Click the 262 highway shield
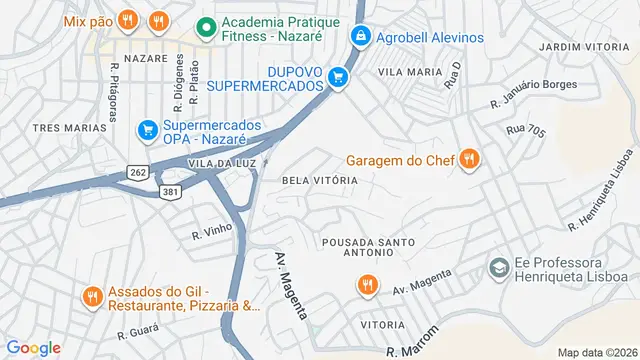point(137,173)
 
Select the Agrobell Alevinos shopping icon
point(360,37)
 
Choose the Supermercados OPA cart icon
point(147,129)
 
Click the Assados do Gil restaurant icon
point(92,296)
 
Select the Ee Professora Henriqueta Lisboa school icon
point(497,268)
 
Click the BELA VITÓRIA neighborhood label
point(320,180)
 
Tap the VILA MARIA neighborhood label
point(410,72)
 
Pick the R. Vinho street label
point(212,231)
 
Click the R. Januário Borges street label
point(533,93)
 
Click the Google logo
point(33,347)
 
